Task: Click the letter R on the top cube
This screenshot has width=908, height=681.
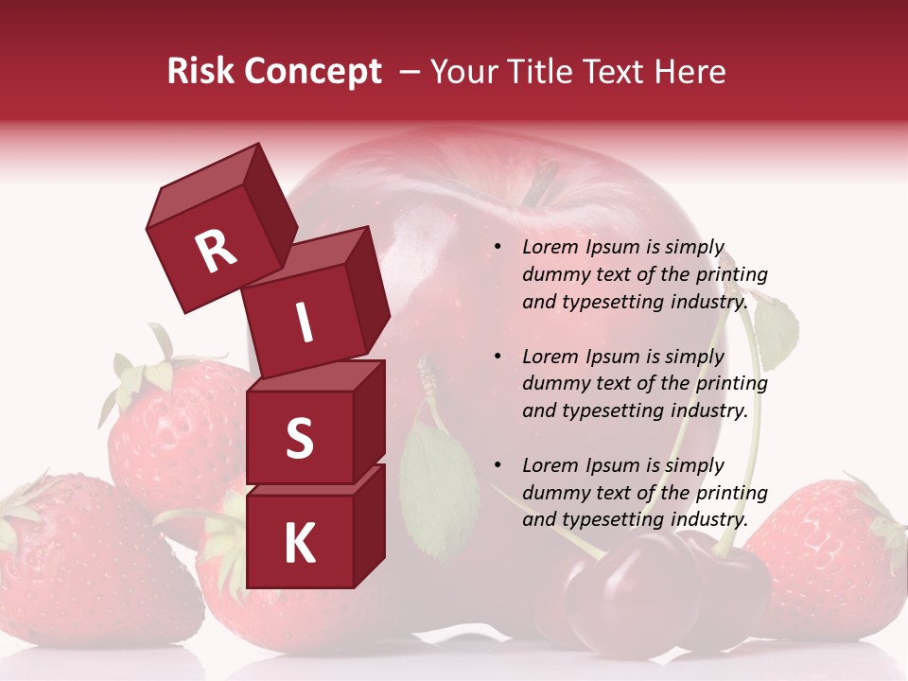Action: (x=217, y=251)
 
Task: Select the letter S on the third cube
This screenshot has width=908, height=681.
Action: (x=299, y=438)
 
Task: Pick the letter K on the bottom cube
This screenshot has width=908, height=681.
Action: (x=299, y=543)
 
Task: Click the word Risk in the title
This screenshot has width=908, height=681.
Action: (x=201, y=72)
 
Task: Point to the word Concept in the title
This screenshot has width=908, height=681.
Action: (x=313, y=72)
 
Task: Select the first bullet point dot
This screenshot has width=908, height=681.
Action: (x=498, y=248)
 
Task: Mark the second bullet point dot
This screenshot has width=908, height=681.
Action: (x=498, y=357)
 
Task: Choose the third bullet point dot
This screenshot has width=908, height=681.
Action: (x=498, y=465)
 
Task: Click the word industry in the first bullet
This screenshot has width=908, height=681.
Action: (x=709, y=303)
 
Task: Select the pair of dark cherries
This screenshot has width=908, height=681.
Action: (x=662, y=591)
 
